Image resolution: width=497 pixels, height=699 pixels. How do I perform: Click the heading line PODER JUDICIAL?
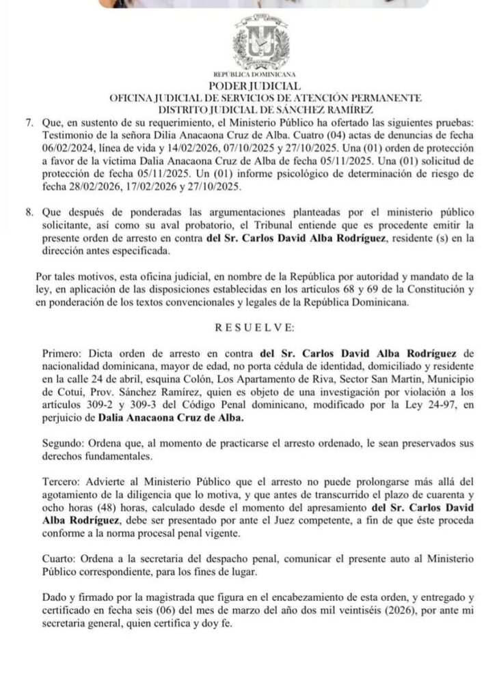point(254,87)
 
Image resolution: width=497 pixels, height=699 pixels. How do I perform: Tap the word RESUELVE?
point(255,328)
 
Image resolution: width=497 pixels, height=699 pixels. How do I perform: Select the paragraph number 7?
point(29,122)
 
